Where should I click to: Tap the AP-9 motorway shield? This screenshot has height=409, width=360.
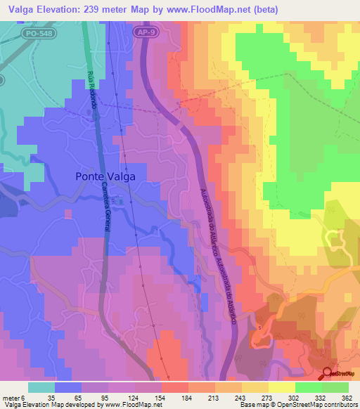tap(144, 32)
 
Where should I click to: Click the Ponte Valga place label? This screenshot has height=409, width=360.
tap(105, 177)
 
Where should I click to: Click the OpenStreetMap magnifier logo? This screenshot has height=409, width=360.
tap(328, 374)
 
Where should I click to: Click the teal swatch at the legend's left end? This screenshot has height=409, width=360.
tap(41, 387)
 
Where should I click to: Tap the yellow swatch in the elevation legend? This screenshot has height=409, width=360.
tap(281, 387)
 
